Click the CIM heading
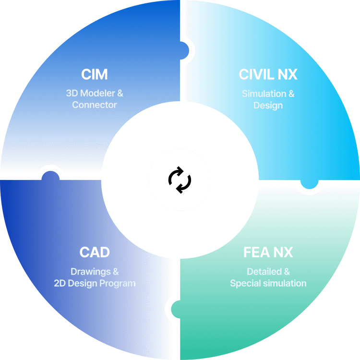(x=94, y=75)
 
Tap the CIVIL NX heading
(x=268, y=75)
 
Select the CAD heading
(x=95, y=252)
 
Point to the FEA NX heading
(x=268, y=252)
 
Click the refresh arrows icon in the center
(x=180, y=180)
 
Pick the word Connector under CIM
(x=95, y=105)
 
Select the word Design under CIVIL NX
(x=268, y=105)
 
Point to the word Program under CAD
(x=117, y=283)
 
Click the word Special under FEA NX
(x=245, y=283)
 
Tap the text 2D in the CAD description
(x=60, y=283)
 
